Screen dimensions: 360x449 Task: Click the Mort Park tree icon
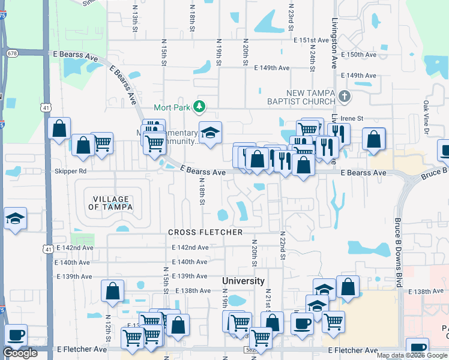(x=199, y=107)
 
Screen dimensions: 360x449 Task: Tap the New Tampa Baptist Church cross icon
(x=344, y=96)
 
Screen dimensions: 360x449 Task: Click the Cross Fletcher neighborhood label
(x=205, y=232)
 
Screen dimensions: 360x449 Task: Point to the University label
(x=243, y=281)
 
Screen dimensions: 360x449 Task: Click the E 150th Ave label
(x=361, y=55)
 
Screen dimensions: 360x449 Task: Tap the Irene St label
(x=358, y=119)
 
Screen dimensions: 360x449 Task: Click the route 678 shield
(x=12, y=53)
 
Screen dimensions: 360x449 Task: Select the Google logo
(x=20, y=353)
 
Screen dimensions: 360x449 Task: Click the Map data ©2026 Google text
(x=412, y=355)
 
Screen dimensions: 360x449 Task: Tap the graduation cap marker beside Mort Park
(x=211, y=134)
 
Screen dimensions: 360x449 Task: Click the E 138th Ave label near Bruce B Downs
(x=426, y=291)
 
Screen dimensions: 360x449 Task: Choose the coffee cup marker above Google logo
(x=16, y=334)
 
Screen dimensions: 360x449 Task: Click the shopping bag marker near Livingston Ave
(x=373, y=139)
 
